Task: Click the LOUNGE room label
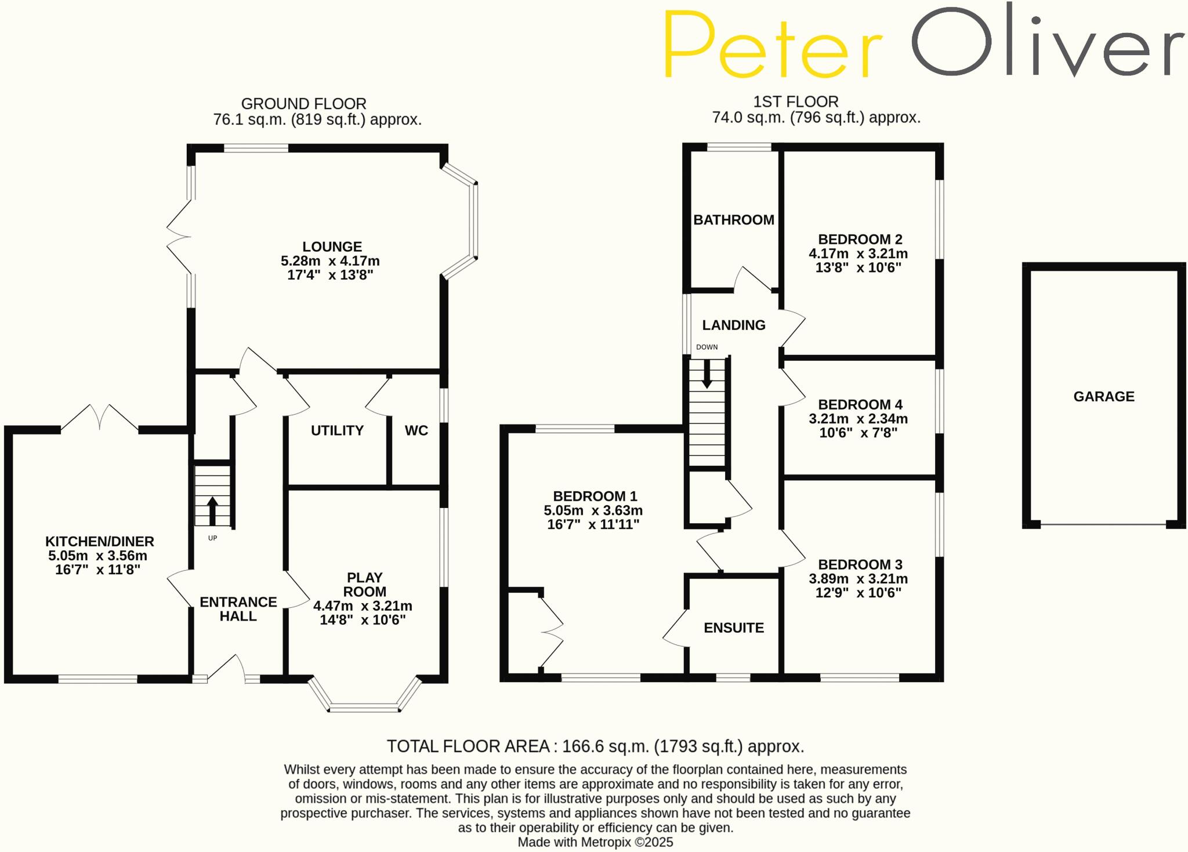[332, 246]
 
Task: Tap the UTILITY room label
[337, 430]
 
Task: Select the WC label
[416, 430]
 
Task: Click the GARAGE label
[1104, 397]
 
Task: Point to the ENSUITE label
[734, 628]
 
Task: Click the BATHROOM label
[734, 220]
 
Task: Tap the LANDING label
[734, 325]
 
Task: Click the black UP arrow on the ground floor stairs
[212, 510]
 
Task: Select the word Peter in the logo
[772, 44]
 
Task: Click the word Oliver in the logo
[1048, 41]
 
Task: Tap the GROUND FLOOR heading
[303, 104]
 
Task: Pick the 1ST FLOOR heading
[796, 102]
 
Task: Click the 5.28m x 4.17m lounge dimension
[330, 261]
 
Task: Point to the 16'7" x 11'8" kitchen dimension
[98, 570]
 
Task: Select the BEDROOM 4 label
[860, 404]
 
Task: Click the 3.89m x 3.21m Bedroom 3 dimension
[859, 579]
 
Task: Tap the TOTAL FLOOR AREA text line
[595, 746]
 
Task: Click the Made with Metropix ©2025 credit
[595, 842]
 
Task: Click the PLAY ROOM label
[364, 585]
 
